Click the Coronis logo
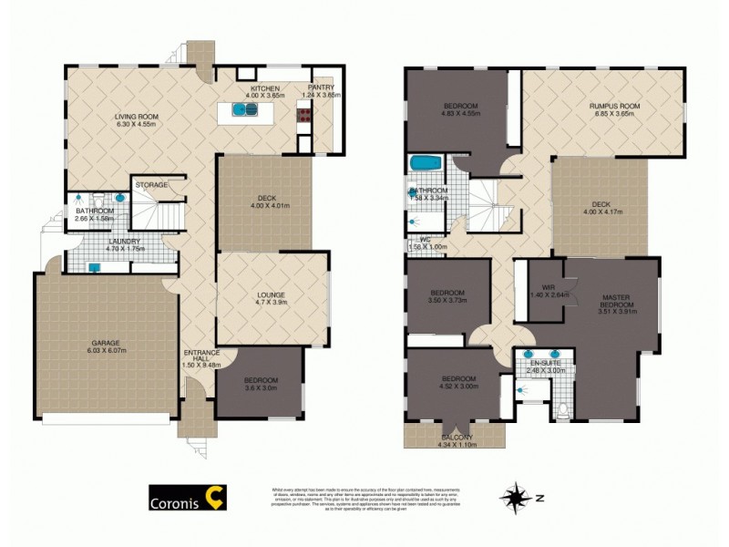coord(188,497)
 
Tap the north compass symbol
coord(519,498)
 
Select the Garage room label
coord(104,344)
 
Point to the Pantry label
coord(321,88)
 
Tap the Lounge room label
coord(271,295)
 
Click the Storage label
coord(151,185)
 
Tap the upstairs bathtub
coord(425,165)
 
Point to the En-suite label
coord(548,364)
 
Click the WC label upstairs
coord(424,242)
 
